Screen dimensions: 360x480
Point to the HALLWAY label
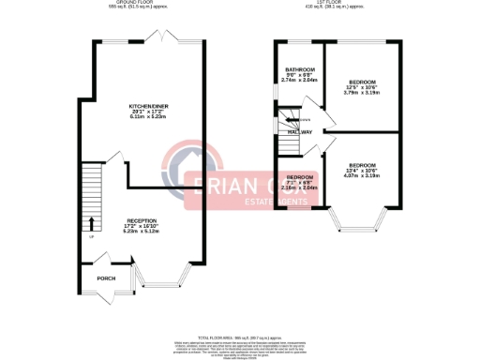300,132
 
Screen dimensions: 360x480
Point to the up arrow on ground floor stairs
91,223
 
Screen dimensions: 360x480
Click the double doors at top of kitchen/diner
164,38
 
